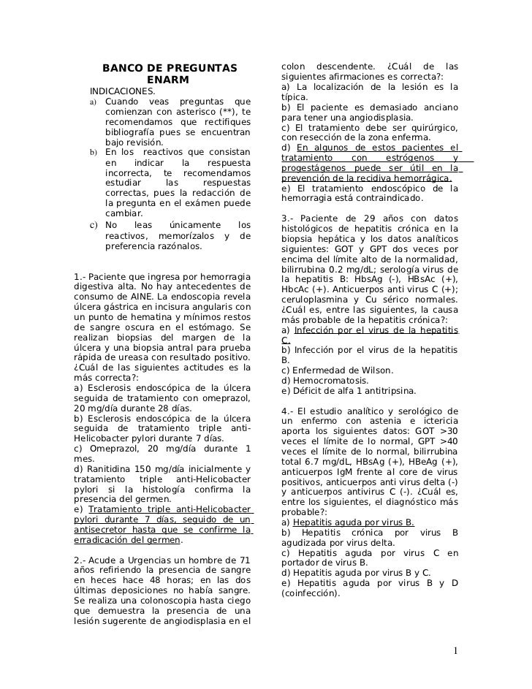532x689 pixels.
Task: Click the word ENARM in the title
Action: (167, 80)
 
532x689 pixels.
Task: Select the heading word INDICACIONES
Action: (122, 91)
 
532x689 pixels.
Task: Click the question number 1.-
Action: (81, 276)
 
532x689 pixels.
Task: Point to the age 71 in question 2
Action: (245, 560)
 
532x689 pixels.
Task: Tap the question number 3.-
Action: (288, 218)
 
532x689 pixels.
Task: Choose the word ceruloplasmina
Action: (312, 300)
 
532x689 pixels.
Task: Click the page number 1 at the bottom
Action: (455, 652)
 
